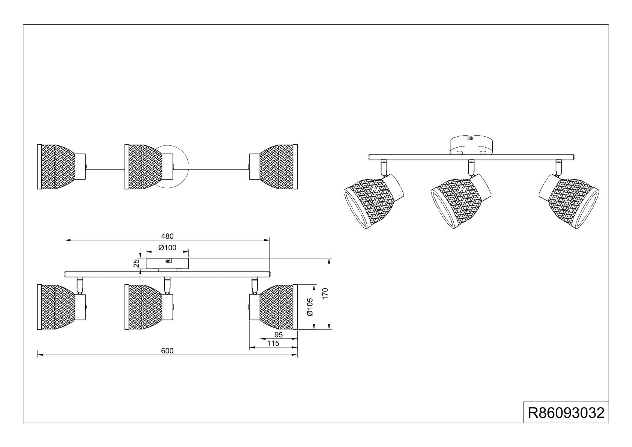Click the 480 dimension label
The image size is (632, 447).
click(x=167, y=236)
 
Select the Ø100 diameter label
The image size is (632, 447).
click(x=167, y=248)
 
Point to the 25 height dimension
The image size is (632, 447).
click(x=136, y=263)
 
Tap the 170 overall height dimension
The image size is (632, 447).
click(x=325, y=294)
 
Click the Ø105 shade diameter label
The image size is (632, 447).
click(x=310, y=307)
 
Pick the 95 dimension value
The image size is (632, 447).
click(x=278, y=335)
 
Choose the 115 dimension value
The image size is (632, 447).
click(x=273, y=343)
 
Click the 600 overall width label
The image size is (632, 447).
click(x=167, y=351)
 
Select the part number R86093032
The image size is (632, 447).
click(x=566, y=413)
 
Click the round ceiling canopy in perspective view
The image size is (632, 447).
click(x=471, y=145)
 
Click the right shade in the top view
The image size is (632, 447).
click(x=273, y=167)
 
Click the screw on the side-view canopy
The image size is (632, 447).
click(x=168, y=261)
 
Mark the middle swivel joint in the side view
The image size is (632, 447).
click(x=167, y=285)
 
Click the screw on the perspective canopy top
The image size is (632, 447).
click(x=470, y=138)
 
